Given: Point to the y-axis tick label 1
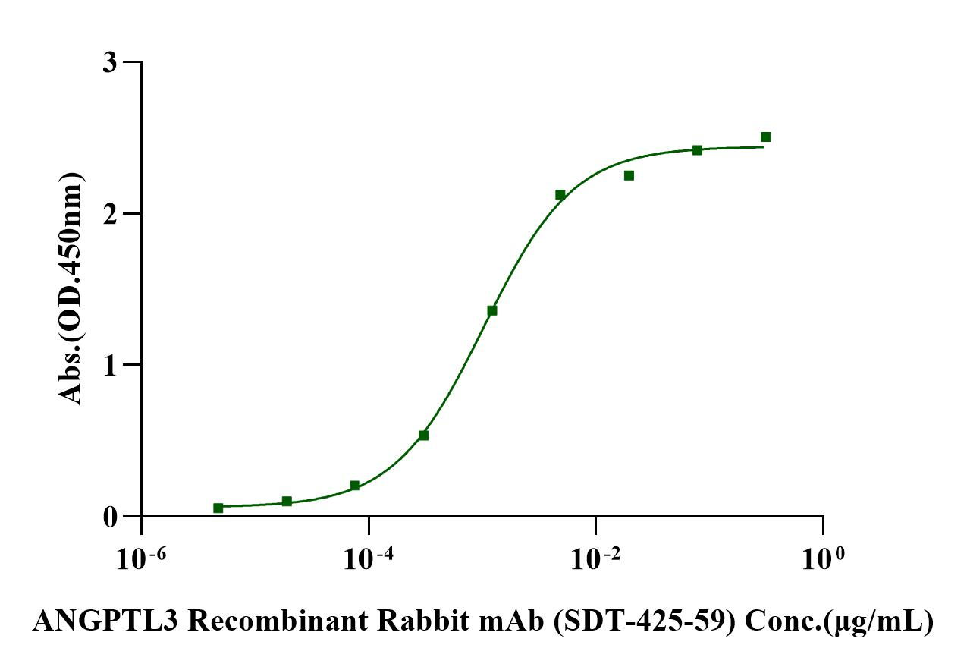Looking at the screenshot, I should (111, 365).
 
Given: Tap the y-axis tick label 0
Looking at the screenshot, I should (111, 517).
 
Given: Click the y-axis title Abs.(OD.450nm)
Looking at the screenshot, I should (71, 288).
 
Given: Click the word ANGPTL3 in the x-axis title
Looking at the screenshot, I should (105, 623).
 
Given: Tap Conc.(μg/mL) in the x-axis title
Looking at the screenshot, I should (839, 623).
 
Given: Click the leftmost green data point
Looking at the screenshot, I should (218, 508).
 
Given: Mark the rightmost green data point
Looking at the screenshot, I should (765, 137).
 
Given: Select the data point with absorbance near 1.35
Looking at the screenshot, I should (491, 310).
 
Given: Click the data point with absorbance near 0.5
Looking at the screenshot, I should (423, 436).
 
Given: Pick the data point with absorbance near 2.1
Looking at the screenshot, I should (560, 195).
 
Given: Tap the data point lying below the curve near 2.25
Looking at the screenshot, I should (629, 176).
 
